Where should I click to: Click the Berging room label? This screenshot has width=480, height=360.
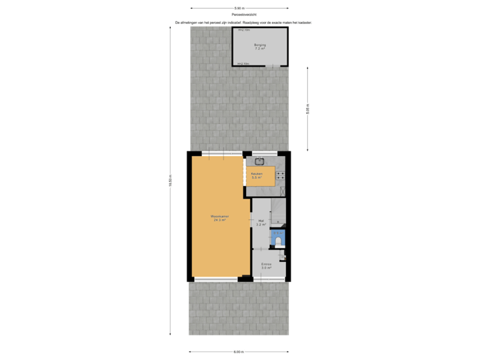[259, 45]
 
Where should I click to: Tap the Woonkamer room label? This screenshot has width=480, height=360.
[219, 217]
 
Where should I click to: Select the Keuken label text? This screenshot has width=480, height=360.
[257, 173]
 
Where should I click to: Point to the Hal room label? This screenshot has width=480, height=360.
[261, 220]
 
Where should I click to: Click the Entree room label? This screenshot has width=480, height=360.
[265, 264]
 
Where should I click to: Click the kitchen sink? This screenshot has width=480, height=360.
[259, 161]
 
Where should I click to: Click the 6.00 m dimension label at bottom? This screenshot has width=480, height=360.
[239, 352]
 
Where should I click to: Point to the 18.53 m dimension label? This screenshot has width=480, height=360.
[170, 181]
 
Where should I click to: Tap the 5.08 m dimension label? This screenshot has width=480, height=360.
[308, 109]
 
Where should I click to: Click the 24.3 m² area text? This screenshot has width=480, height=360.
[219, 221]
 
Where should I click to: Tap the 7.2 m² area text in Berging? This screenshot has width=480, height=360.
[259, 49]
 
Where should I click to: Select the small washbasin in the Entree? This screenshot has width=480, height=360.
[283, 257]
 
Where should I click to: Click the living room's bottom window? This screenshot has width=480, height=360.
[215, 279]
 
